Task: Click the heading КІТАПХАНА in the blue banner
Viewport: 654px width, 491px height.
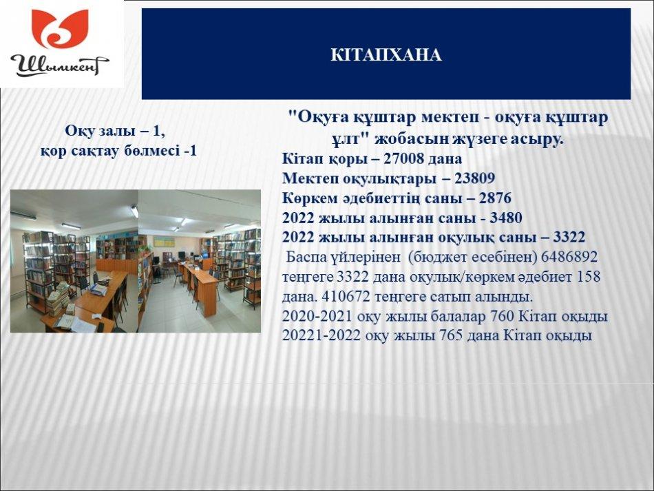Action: click(386, 55)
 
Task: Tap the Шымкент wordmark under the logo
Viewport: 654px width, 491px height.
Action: click(59, 65)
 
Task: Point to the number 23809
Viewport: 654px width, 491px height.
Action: click(474, 178)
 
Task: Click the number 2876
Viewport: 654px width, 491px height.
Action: click(495, 198)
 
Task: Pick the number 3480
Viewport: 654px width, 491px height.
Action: click(506, 218)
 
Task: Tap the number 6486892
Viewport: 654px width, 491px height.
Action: click(569, 257)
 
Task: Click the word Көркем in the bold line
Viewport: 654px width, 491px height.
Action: click(310, 198)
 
